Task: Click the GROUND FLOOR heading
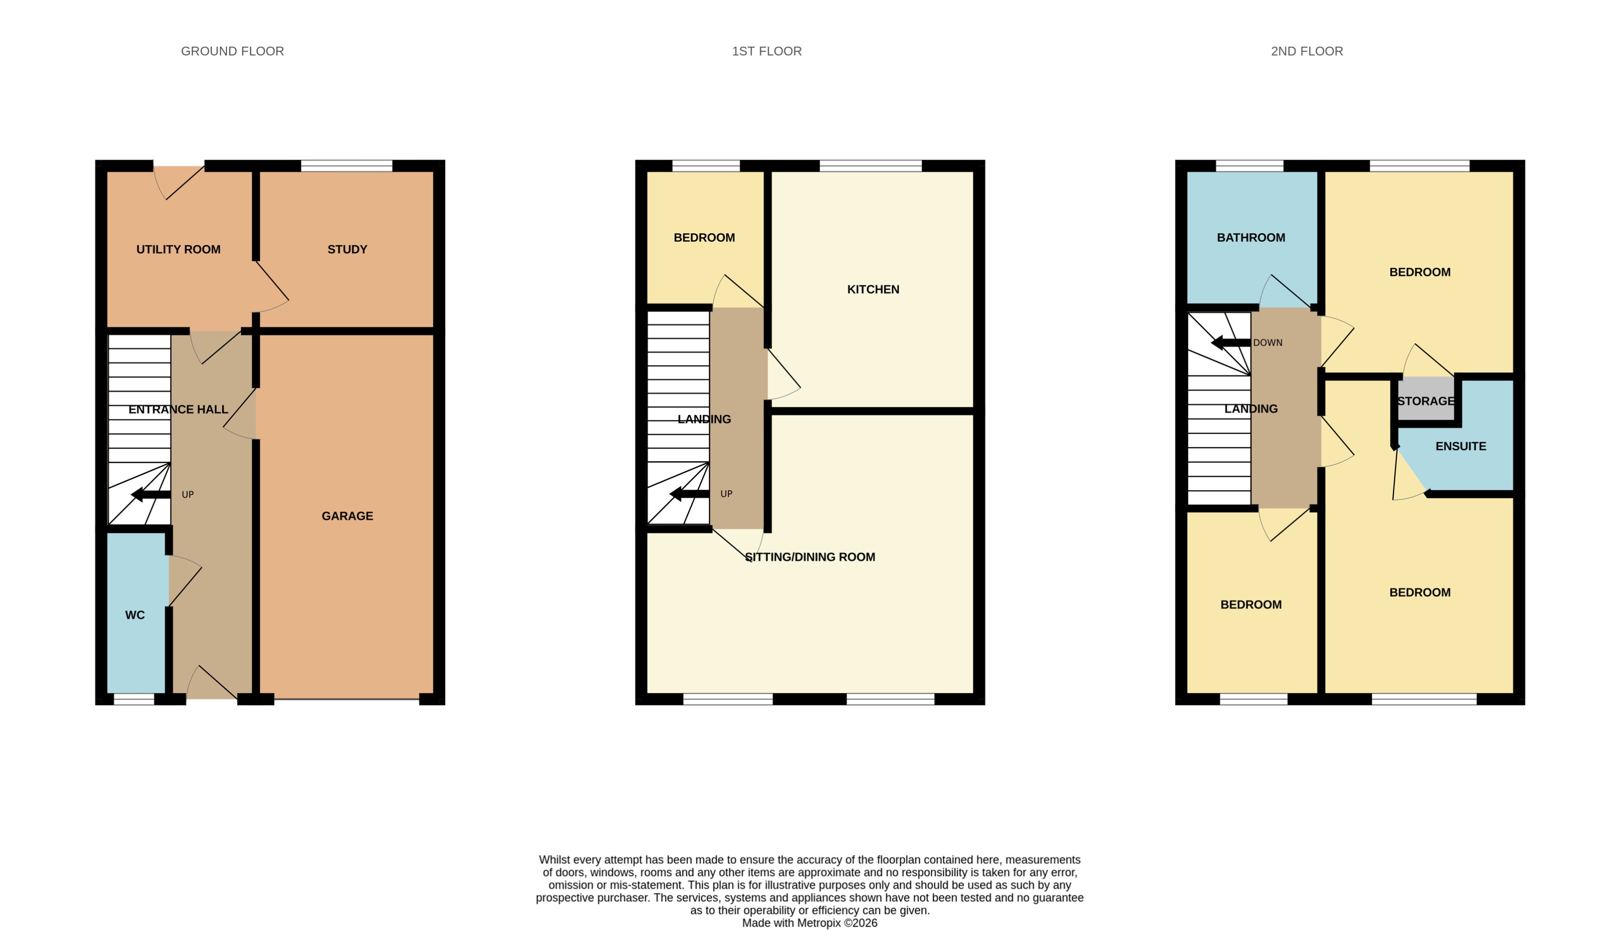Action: tap(232, 51)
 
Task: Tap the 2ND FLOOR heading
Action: tap(1307, 51)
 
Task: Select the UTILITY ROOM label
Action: tap(178, 249)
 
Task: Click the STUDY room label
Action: tap(347, 249)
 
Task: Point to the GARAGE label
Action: tap(347, 516)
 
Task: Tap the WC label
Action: tap(135, 614)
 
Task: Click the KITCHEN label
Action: tap(872, 289)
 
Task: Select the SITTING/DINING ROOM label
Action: tap(810, 557)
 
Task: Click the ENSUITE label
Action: tap(1460, 446)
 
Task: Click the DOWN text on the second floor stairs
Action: tap(1267, 343)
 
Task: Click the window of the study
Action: tap(346, 166)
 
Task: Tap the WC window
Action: tap(134, 699)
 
